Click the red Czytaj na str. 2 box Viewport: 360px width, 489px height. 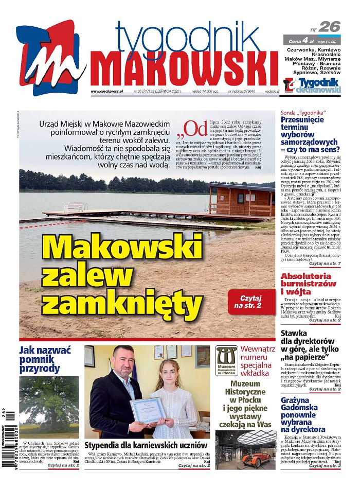tap(251, 302)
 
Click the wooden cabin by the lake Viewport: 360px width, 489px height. tap(241, 200)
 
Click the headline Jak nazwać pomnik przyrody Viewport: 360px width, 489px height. tap(42, 360)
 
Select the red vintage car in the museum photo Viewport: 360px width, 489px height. tap(256, 457)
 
